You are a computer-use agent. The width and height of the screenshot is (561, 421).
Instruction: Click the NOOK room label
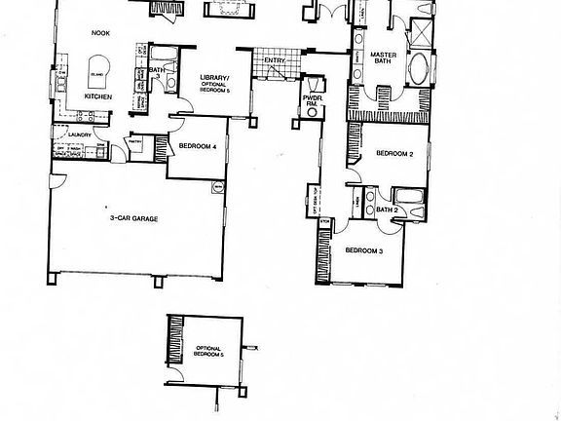coord(101,32)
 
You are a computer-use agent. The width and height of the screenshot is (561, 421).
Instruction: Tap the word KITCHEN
coord(98,97)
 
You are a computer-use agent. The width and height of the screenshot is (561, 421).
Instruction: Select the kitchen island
coord(98,74)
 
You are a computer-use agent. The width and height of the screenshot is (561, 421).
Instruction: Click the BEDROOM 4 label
coord(199,146)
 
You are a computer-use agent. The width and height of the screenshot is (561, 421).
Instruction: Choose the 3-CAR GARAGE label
coord(133,218)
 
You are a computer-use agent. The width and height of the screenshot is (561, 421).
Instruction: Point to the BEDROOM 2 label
coord(395,153)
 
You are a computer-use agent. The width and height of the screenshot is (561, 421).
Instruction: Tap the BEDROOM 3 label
coord(362,249)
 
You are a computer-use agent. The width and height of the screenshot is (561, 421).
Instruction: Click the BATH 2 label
coord(388,209)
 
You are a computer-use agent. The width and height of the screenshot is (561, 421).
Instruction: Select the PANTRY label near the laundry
coord(135,140)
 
